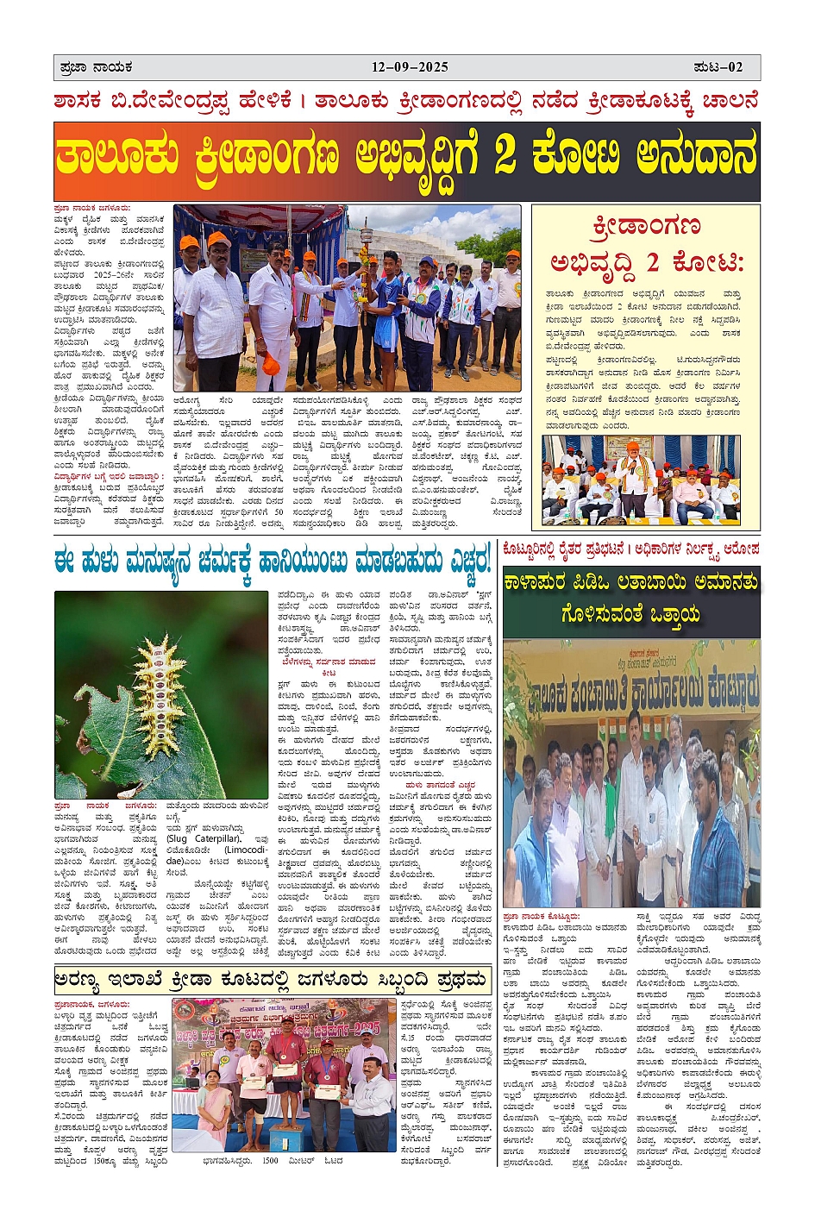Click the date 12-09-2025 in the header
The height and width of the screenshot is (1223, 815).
click(x=410, y=67)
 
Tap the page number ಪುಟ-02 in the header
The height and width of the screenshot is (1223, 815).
click(x=718, y=67)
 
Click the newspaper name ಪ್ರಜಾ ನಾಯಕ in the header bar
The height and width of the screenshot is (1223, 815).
click(x=96, y=67)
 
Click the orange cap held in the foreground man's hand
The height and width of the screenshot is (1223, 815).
click(x=270, y=362)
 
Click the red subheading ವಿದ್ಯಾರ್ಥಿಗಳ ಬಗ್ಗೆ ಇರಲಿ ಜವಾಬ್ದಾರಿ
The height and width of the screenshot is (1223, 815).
click(x=108, y=476)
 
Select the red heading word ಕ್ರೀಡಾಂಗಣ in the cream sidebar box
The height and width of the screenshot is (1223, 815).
click(x=646, y=227)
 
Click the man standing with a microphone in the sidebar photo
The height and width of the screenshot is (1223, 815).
click(x=635, y=477)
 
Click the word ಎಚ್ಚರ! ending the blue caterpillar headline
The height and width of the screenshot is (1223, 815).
click(x=469, y=561)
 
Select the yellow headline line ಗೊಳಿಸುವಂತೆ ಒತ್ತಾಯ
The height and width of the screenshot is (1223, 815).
click(x=631, y=614)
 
